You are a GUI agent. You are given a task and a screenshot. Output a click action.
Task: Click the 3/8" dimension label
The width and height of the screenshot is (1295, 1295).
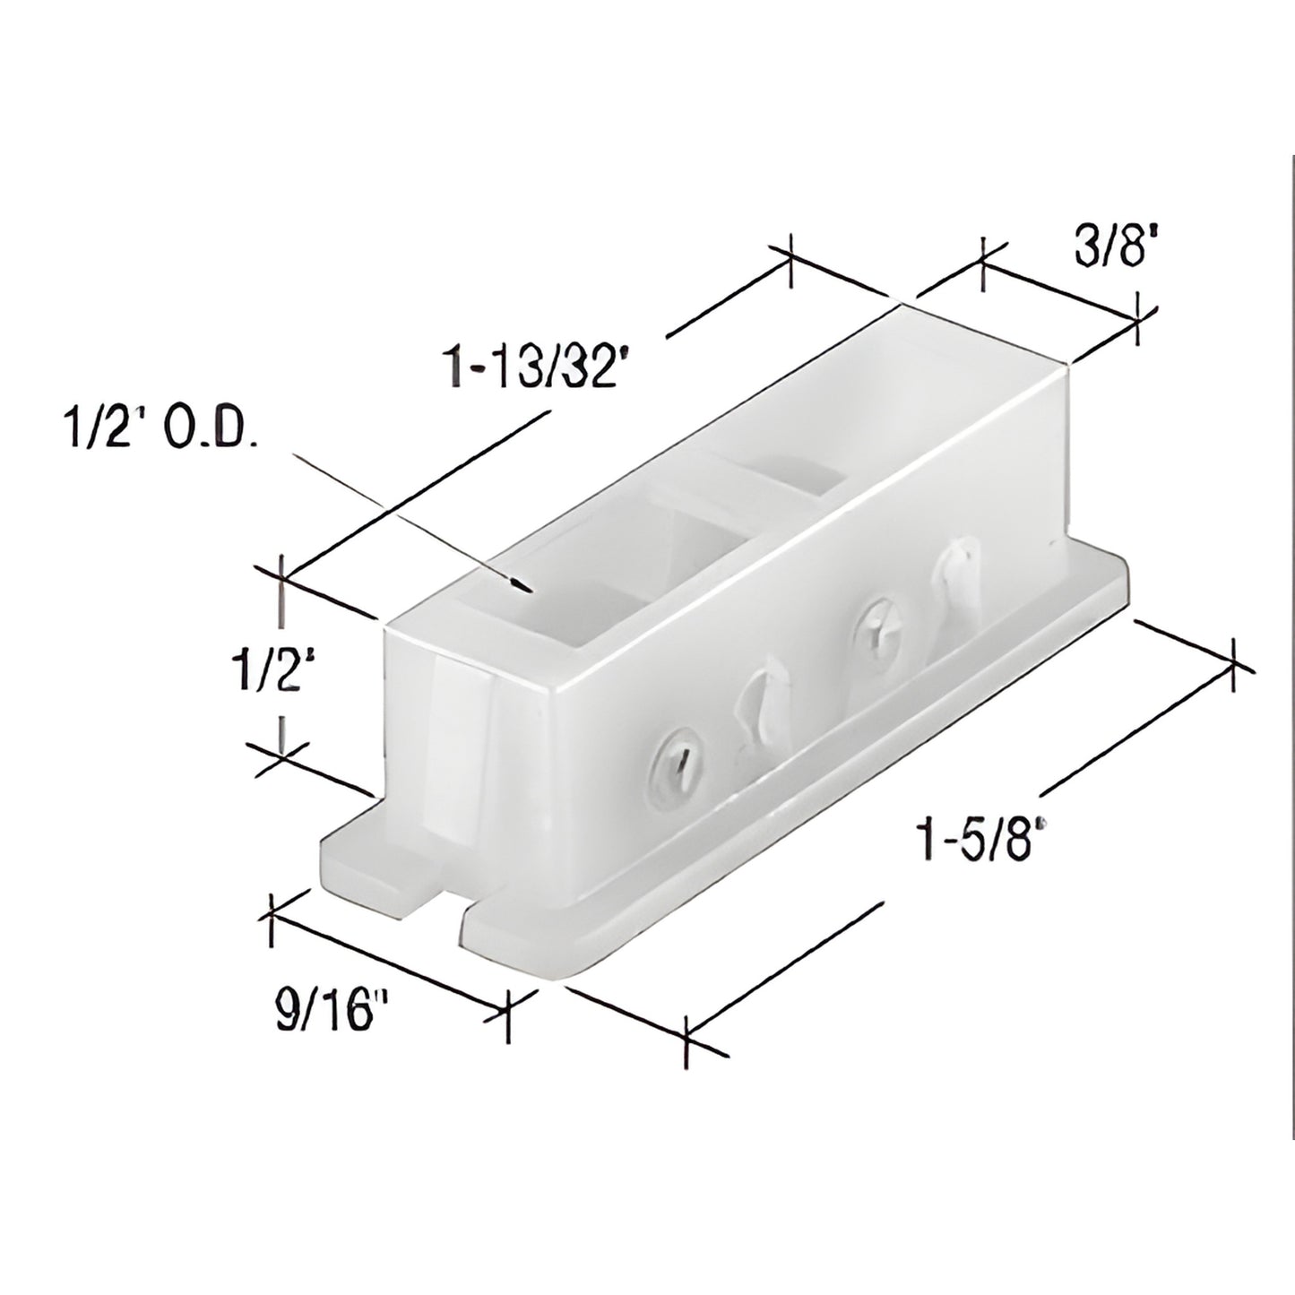tap(1110, 251)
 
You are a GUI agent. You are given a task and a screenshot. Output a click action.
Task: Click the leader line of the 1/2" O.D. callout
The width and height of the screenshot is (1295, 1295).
tap(403, 520)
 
